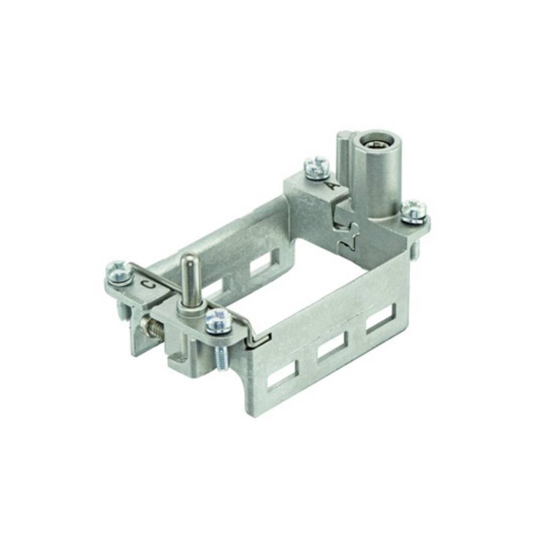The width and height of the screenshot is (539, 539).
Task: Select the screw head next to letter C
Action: [x=119, y=272]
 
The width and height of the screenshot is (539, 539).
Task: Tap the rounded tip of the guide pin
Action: [x=188, y=259]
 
